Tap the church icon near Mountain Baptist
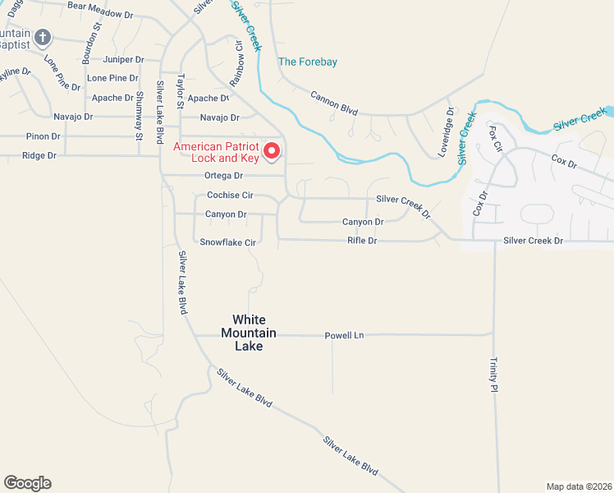(x=44, y=38)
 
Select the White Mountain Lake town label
(x=249, y=333)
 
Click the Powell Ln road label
(x=344, y=335)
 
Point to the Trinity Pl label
(x=494, y=375)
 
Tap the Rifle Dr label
(x=361, y=241)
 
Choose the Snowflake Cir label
(x=228, y=242)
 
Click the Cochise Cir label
(x=230, y=195)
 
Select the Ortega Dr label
(x=225, y=175)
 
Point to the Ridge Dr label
(x=39, y=155)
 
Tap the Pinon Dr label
(x=38, y=136)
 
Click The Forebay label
(x=308, y=62)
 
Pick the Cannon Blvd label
(x=335, y=102)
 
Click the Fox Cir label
(x=494, y=140)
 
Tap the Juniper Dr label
(x=124, y=60)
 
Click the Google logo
(x=27, y=483)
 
